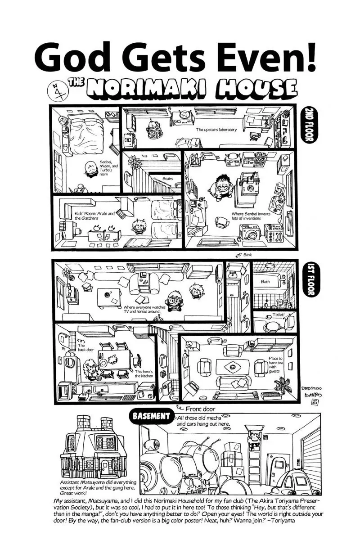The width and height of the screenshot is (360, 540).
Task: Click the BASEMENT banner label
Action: coord(151,416)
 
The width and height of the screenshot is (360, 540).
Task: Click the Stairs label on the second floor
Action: coord(168,179)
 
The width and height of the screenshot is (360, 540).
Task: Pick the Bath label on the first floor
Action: coord(265,282)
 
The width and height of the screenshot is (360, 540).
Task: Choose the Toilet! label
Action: coord(279,315)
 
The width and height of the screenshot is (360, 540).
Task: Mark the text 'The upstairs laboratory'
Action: coord(216,130)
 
